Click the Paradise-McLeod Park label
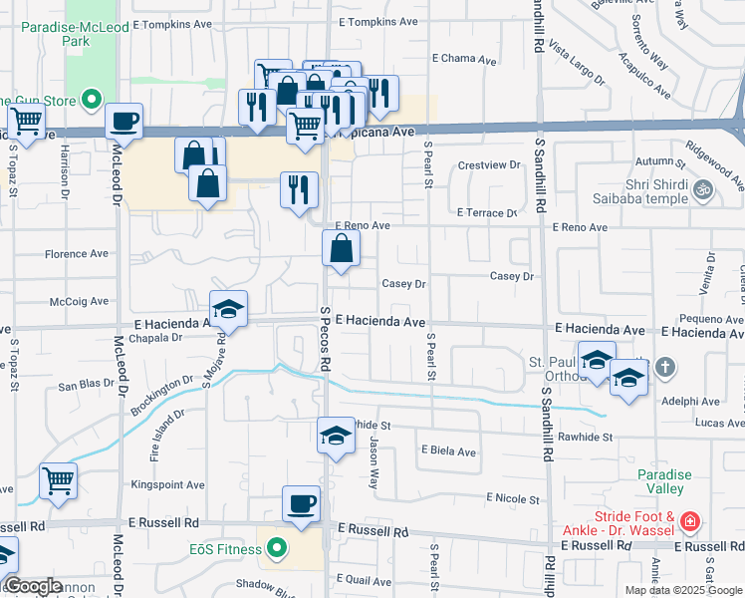point(60,35)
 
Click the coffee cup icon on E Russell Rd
point(301,504)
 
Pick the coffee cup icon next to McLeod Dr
point(124,122)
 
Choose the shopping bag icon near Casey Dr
point(341,249)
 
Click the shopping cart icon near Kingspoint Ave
point(59,481)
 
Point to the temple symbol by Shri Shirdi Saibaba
point(702,187)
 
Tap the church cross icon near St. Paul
point(665,368)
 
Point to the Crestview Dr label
point(489,164)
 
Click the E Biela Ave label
point(448,451)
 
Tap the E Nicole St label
point(512,498)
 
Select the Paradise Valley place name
point(664,481)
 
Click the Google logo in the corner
point(33,585)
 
